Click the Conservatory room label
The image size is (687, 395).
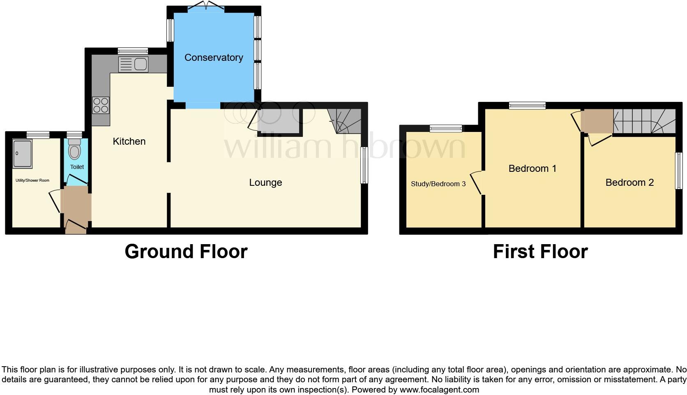[213, 58]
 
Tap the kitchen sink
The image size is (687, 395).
[133, 65]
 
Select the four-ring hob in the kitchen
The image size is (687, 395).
[101, 105]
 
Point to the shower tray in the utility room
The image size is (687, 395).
[23, 154]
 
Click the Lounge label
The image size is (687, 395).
[265, 182]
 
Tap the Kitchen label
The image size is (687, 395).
[129, 141]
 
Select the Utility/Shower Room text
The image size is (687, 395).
[32, 180]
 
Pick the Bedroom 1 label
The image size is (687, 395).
[532, 169]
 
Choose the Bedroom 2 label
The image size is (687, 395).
[629, 182]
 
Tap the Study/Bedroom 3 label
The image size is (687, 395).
[438, 184]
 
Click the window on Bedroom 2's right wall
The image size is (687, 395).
[679, 171]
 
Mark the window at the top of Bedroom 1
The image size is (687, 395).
[527, 106]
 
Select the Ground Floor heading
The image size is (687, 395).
[186, 252]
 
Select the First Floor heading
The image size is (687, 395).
[540, 252]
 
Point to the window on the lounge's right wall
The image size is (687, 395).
[364, 165]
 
